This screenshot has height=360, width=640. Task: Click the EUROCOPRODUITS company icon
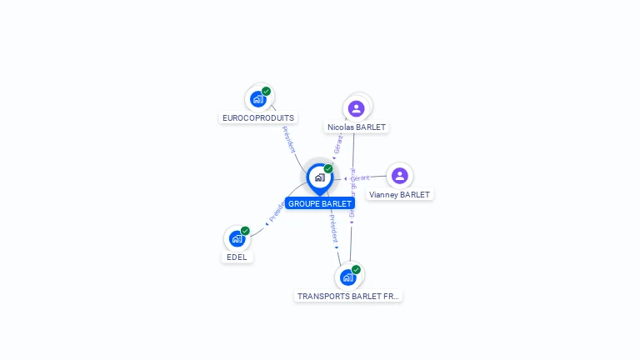258,99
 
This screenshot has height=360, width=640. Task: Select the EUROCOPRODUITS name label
258,118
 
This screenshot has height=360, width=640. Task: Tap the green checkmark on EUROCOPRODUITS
266,91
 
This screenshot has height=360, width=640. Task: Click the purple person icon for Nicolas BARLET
357,108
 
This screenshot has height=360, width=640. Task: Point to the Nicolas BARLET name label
357,127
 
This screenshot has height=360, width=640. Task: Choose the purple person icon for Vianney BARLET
399,176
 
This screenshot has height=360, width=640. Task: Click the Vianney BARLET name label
399,195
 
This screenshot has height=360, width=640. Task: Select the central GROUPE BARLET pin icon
319,177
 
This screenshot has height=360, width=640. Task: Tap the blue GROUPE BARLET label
320,203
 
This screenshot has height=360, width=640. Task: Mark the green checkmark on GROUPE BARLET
328,168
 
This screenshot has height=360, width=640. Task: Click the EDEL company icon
237,239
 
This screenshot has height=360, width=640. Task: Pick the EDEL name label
237,257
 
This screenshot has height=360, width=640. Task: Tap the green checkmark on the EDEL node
245,231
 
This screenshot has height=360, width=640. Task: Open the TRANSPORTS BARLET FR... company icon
348,277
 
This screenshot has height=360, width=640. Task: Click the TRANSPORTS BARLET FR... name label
348,296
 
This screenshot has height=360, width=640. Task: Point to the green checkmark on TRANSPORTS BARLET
356,269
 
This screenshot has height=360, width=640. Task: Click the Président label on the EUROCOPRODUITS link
288,139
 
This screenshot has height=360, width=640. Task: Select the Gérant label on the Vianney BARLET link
359,178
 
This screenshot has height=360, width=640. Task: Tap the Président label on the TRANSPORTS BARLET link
333,228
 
